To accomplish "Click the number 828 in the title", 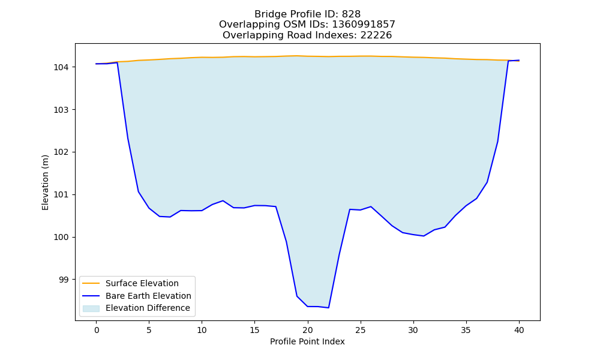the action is [x=351, y=14].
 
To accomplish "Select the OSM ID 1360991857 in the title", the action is [x=364, y=25].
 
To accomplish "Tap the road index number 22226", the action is [x=376, y=35].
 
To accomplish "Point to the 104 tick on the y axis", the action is [x=61, y=67].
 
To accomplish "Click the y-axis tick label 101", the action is [x=61, y=195].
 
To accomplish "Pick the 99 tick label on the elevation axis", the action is [x=64, y=280].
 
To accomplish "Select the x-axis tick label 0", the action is [x=97, y=330].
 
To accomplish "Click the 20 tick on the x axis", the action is [x=308, y=330].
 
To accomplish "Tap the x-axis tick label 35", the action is [x=466, y=330].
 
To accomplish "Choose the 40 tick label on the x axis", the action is [x=519, y=330].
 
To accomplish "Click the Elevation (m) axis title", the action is [x=45, y=182].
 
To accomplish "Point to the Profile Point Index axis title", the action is [x=307, y=341].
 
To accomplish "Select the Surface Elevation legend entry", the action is [x=142, y=283].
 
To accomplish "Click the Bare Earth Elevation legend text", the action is [x=148, y=296].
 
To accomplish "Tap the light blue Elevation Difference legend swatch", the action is [x=91, y=308].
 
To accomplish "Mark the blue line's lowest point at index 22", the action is [x=329, y=308].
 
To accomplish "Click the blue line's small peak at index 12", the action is [x=223, y=200].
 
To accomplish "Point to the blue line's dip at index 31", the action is [x=424, y=236].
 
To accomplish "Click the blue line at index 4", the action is [x=139, y=191].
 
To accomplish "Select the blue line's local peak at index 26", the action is [x=371, y=206].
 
